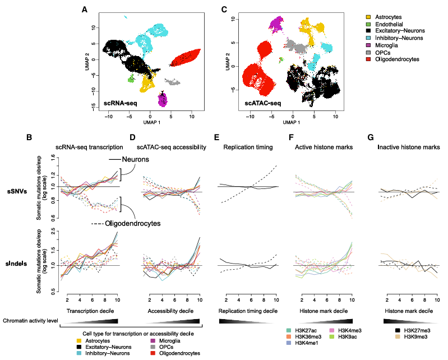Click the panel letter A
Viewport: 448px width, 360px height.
(84, 9)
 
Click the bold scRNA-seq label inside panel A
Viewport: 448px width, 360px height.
(121, 103)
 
